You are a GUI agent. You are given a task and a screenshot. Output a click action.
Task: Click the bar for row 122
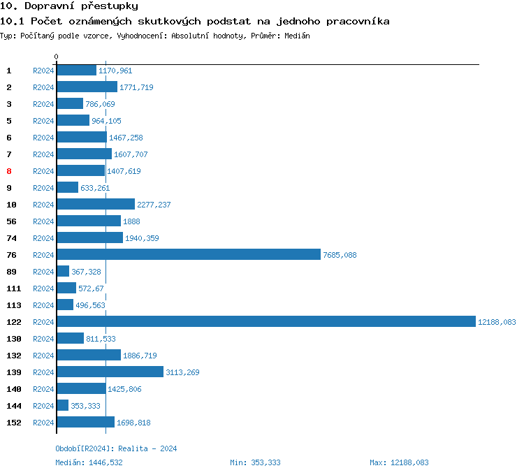click(265, 321)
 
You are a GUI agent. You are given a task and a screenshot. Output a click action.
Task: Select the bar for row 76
click(189, 254)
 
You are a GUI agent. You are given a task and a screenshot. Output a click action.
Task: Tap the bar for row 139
click(110, 372)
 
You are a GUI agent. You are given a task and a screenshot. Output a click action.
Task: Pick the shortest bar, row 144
click(62, 405)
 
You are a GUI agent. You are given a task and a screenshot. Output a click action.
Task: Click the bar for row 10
click(95, 204)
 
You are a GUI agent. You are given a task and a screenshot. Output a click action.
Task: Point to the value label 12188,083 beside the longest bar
click(496, 322)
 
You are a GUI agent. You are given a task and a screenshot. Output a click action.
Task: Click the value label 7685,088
click(340, 255)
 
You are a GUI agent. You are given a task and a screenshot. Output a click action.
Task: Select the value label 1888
click(131, 221)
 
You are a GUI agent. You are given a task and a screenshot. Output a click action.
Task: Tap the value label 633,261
click(95, 188)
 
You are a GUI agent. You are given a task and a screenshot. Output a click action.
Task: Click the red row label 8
click(9, 171)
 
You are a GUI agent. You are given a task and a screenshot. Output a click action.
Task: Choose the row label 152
click(13, 423)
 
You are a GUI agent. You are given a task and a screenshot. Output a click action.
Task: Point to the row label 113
click(13, 305)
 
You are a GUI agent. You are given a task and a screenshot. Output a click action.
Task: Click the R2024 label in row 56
click(43, 221)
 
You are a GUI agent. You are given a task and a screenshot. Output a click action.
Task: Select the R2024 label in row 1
click(43, 71)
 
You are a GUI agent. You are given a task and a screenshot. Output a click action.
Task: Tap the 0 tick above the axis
click(57, 57)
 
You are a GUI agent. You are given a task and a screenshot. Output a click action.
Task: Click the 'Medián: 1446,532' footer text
click(94, 462)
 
